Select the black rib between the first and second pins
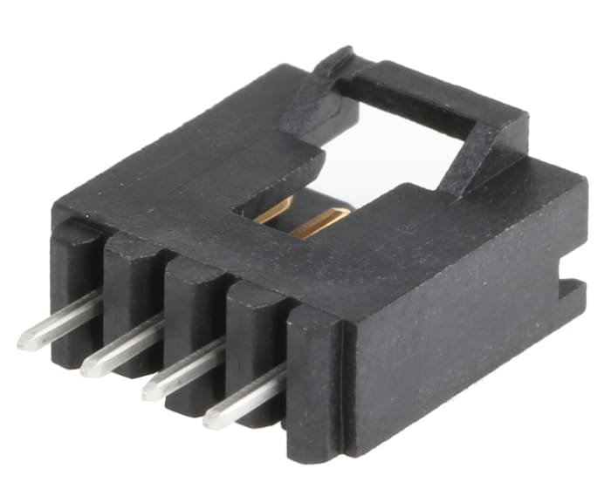coord(131,288)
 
